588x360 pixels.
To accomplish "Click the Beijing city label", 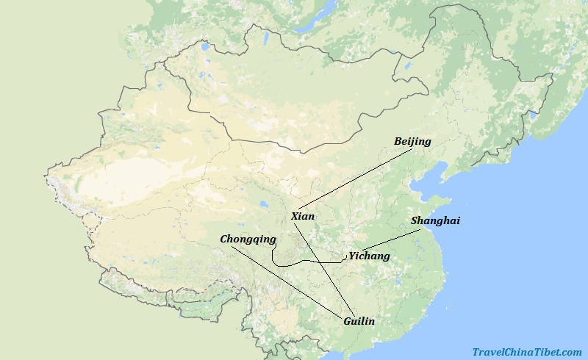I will click(412, 141).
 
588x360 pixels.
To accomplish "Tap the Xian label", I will click(302, 216).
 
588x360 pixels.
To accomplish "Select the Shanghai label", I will click(435, 220).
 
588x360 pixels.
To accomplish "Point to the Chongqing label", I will click(248, 239).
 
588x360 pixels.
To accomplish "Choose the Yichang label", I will click(369, 256).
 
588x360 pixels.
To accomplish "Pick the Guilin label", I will click(359, 321).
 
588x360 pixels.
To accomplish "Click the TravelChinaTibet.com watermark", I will click(527, 353).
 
